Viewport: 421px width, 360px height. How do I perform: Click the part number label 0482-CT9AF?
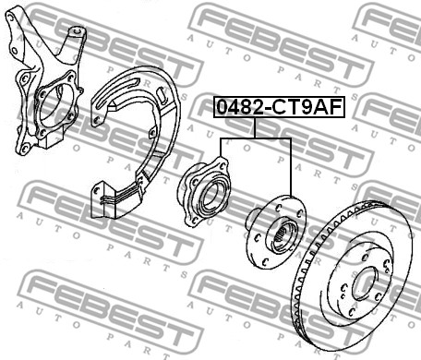click(x=279, y=107)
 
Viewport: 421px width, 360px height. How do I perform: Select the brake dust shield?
click(x=136, y=141)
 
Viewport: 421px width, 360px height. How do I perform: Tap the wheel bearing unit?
click(x=204, y=192)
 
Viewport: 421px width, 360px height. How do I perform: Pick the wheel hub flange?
click(x=275, y=233)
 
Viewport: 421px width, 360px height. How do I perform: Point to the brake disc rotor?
click(x=353, y=276)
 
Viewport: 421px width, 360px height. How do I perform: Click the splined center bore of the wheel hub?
click(x=283, y=236)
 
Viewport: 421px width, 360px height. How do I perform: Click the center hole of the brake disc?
click(x=365, y=283)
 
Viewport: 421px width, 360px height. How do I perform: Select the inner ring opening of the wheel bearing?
click(x=211, y=196)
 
